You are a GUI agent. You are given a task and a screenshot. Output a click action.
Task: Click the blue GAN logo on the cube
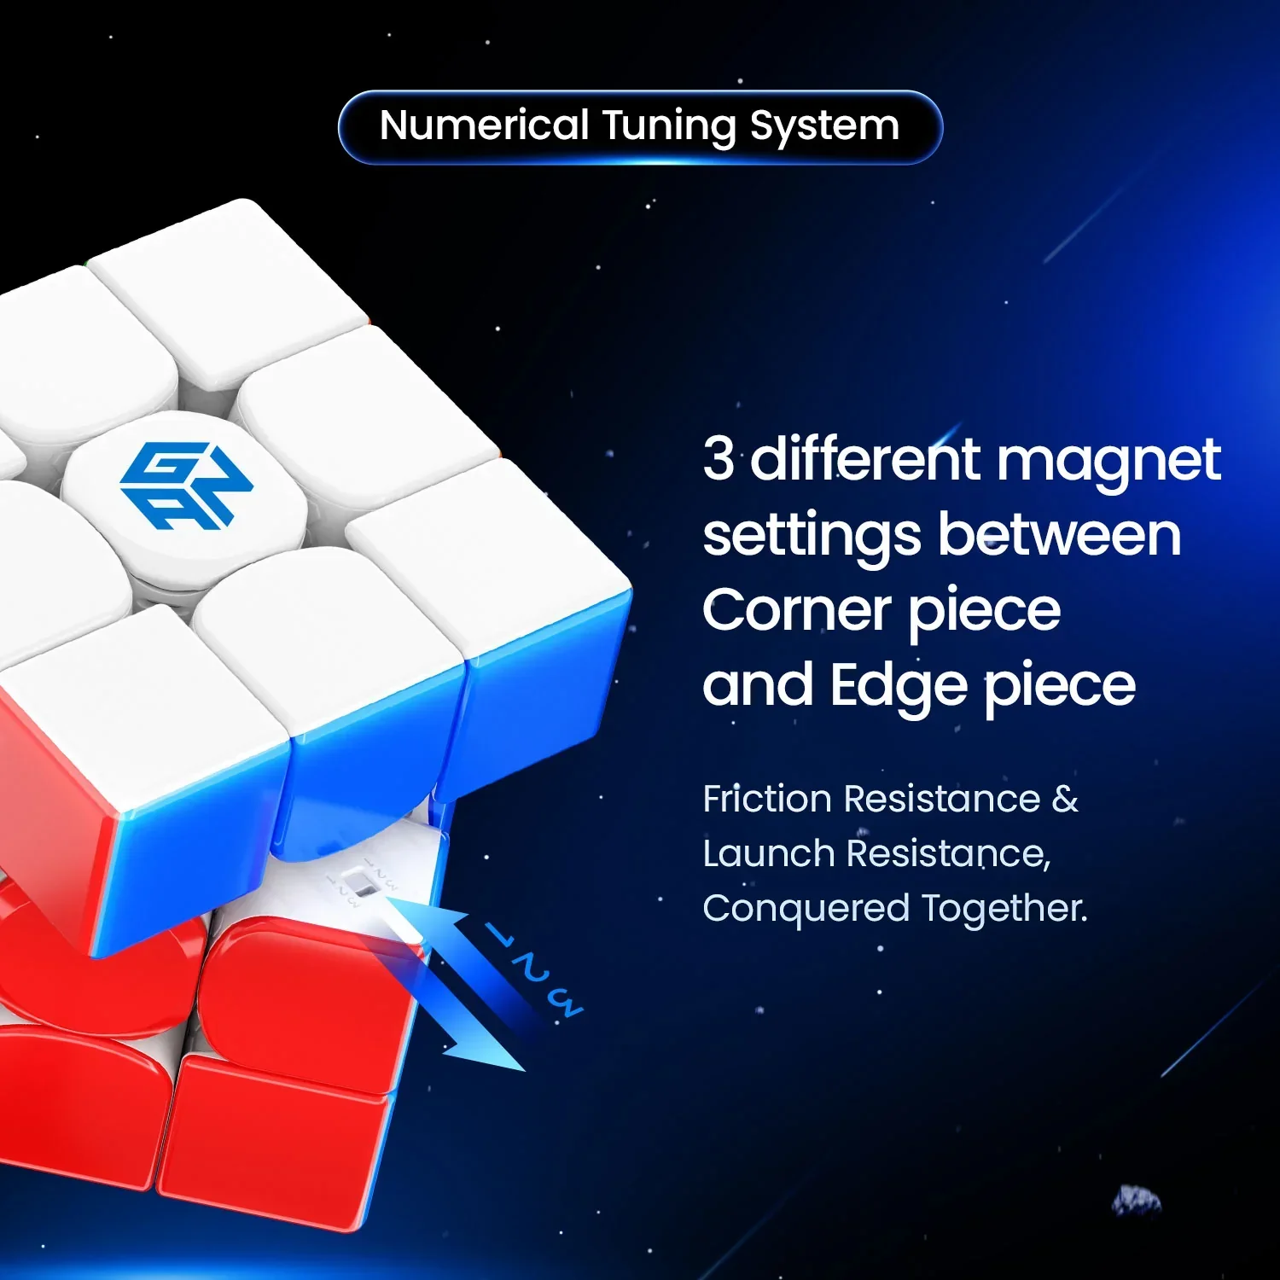tap(186, 485)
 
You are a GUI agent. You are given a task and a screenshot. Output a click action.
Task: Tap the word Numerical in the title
tap(484, 125)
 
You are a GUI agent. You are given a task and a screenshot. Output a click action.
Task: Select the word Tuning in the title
tap(669, 127)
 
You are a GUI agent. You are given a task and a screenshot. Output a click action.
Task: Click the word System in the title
tap(824, 127)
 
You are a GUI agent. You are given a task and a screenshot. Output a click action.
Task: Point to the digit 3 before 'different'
tap(719, 458)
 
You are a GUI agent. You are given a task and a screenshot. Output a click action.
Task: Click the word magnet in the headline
tap(1108, 462)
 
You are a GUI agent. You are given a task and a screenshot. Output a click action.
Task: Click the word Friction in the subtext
tap(767, 800)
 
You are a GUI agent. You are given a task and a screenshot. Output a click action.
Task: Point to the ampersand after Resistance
tap(1065, 800)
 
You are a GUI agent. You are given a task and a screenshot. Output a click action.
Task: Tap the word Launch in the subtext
tap(768, 853)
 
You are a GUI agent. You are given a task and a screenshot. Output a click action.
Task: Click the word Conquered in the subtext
tap(806, 909)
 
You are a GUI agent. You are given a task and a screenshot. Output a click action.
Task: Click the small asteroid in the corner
tap(1137, 1199)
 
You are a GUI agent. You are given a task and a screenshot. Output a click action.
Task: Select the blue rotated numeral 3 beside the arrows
tap(565, 1004)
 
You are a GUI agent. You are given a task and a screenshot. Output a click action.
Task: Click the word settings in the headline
tap(811, 537)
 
